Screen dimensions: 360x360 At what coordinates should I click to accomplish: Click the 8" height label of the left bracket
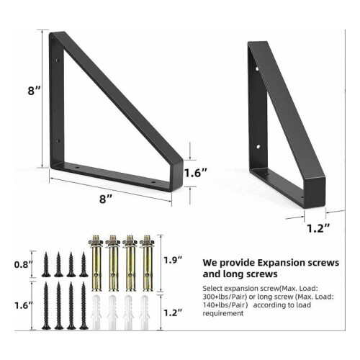(35, 91)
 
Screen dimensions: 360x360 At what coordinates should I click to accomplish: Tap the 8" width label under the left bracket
(107, 199)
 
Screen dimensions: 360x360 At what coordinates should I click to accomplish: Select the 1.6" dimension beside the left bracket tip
(196, 173)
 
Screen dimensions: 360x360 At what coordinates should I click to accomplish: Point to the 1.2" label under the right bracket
(319, 228)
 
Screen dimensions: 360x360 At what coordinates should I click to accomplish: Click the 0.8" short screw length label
(23, 265)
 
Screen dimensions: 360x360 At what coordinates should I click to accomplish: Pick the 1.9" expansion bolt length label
(173, 260)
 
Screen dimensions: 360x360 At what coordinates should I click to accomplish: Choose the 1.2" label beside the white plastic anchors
(173, 312)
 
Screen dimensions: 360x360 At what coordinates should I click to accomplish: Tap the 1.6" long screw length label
(23, 306)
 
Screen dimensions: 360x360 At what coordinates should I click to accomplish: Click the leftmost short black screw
(46, 264)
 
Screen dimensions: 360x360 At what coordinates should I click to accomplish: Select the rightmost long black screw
(84, 305)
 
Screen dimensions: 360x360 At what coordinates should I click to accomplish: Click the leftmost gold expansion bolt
(96, 263)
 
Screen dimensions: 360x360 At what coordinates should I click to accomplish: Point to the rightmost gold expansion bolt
(147, 263)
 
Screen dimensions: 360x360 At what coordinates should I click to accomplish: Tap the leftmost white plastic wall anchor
(96, 312)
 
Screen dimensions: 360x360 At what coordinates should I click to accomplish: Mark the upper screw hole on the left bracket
(58, 60)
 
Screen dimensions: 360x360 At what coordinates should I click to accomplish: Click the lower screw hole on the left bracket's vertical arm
(58, 140)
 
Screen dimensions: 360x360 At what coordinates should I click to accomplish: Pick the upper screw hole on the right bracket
(257, 69)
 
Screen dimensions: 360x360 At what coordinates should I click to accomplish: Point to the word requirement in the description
(223, 313)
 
